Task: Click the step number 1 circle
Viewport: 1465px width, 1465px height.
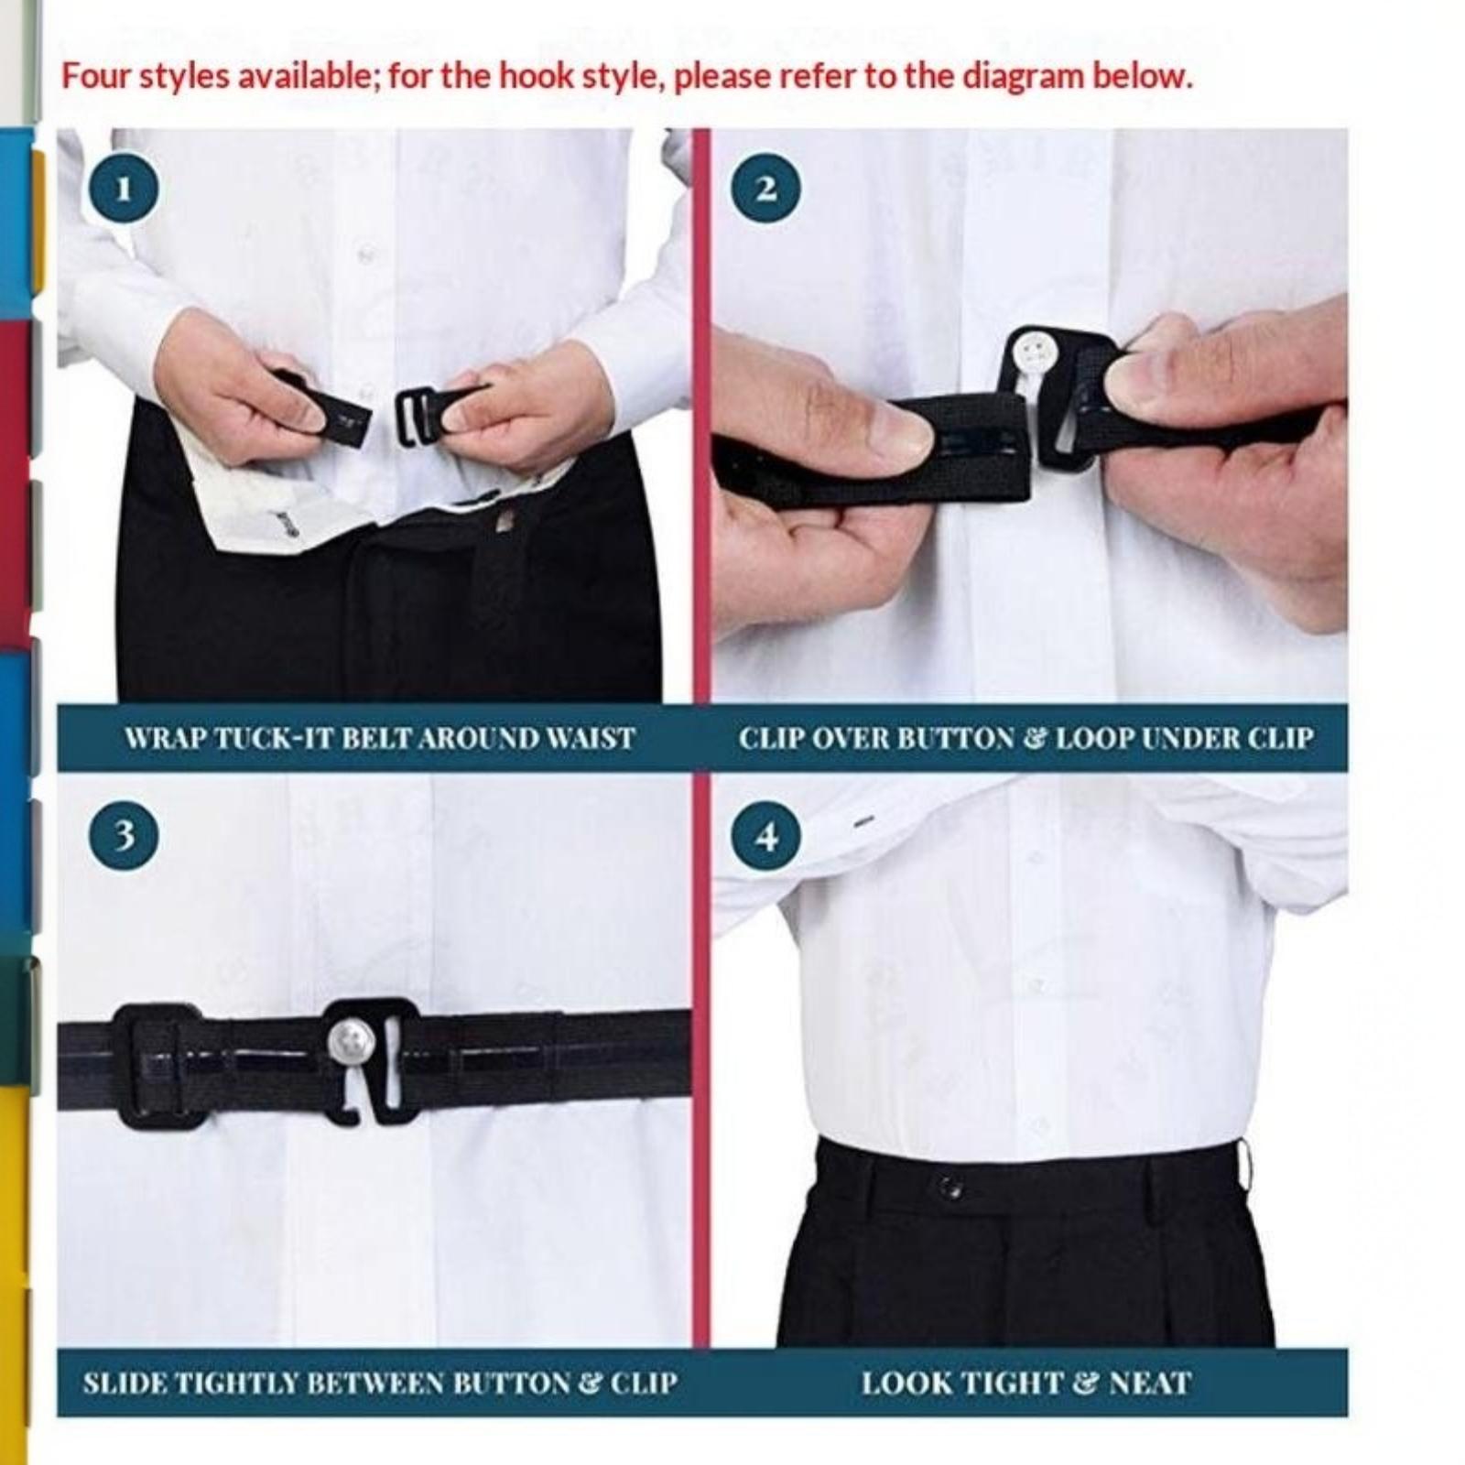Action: pyautogui.click(x=124, y=189)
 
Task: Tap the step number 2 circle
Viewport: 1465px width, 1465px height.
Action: pyautogui.click(x=766, y=189)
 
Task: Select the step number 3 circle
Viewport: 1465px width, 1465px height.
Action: pyautogui.click(x=124, y=835)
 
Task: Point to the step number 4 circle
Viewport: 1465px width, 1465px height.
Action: pyautogui.click(x=766, y=835)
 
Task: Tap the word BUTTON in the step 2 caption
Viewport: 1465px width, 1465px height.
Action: pyautogui.click(x=952, y=738)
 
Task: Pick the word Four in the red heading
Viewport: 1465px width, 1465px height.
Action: pyautogui.click(x=95, y=76)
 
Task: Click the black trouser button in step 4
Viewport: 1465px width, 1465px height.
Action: pyautogui.click(x=950, y=1188)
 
